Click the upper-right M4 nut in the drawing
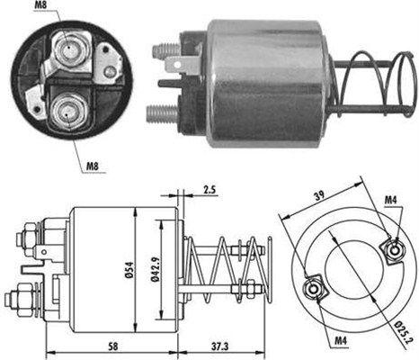[x=392, y=249]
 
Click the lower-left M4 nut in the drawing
[x=316, y=289]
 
